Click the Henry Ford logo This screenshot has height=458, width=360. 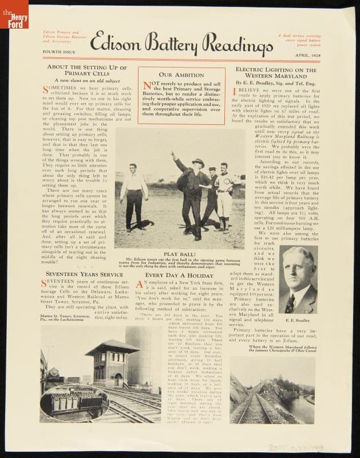[14, 14]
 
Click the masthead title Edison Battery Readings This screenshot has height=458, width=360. [181, 42]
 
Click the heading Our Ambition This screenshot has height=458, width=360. [181, 75]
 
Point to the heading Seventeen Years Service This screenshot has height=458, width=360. [84, 274]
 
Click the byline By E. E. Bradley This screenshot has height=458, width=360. [276, 82]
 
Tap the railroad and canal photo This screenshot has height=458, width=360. [272, 389]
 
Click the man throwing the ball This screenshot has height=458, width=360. [192, 189]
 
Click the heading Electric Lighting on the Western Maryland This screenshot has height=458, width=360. [276, 72]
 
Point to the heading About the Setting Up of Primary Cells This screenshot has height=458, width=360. [84, 70]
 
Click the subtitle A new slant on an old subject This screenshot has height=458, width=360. [84, 81]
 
